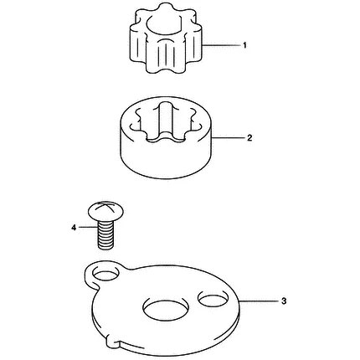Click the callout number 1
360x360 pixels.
click(244, 45)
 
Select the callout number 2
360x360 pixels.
click(249, 138)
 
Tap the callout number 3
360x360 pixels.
click(284, 301)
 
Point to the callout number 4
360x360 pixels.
click(74, 228)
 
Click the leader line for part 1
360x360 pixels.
click(221, 45)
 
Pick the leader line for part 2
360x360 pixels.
click(229, 138)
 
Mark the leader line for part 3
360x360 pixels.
click(260, 301)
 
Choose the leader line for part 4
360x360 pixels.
click(88, 228)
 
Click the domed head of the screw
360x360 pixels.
click(105, 210)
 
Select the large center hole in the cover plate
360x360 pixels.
click(166, 307)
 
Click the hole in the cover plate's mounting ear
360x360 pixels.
click(105, 273)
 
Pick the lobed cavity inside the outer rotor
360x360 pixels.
click(165, 123)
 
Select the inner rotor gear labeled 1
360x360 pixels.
click(166, 39)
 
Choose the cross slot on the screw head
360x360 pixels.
click(106, 206)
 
